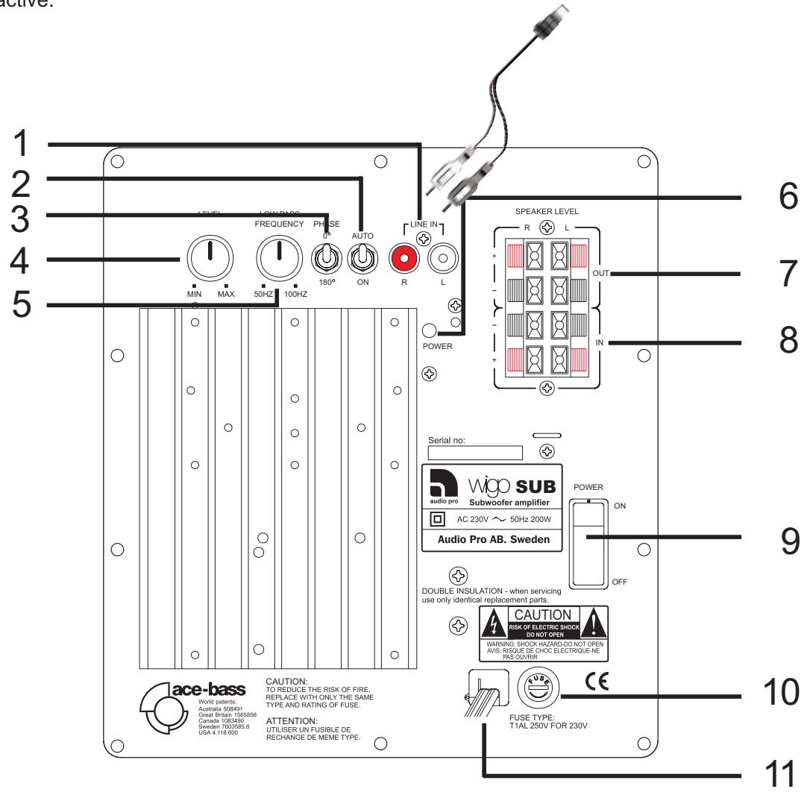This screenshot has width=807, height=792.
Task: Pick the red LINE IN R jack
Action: [405, 259]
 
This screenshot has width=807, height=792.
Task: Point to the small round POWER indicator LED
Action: [431, 330]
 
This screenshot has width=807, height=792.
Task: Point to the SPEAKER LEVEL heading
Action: [548, 211]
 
